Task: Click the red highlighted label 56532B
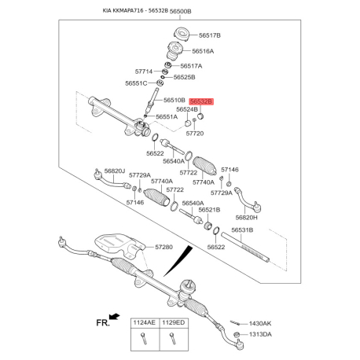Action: (x=201, y=101)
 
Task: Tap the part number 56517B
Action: (x=210, y=35)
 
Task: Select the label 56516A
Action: (x=203, y=51)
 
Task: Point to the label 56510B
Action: (x=174, y=100)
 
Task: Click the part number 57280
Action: (x=163, y=247)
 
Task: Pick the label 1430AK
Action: (x=260, y=324)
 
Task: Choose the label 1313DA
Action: (x=260, y=334)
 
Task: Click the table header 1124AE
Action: (x=145, y=322)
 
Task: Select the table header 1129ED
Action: (x=174, y=322)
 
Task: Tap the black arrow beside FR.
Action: (x=115, y=317)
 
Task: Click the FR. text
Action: (x=103, y=323)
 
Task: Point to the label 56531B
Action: (x=242, y=230)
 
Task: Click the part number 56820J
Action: (x=115, y=171)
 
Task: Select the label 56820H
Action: (x=246, y=218)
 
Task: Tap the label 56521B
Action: (x=209, y=210)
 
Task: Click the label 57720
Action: (x=195, y=134)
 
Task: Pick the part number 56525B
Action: (x=184, y=77)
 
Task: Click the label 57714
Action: (x=144, y=72)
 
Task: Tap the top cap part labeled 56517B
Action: (x=181, y=35)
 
